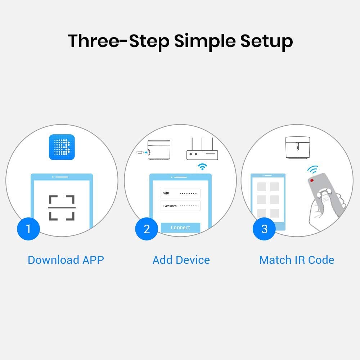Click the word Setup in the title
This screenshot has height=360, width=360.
(x=266, y=41)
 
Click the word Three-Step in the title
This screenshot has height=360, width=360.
(x=119, y=41)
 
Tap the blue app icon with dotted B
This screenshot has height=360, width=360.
(x=62, y=147)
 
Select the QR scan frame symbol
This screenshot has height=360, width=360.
(x=62, y=208)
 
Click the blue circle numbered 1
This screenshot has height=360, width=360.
(x=28, y=229)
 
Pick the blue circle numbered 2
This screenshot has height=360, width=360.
(x=147, y=229)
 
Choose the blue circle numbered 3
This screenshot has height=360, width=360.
(x=264, y=229)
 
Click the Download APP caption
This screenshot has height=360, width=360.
(x=66, y=260)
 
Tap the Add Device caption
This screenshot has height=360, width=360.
(x=181, y=260)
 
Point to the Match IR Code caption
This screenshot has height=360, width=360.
(x=297, y=260)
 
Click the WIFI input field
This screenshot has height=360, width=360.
(x=180, y=194)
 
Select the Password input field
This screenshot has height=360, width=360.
(x=180, y=206)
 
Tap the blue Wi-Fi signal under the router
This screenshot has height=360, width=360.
(x=202, y=167)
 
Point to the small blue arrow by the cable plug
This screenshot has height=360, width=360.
(x=146, y=152)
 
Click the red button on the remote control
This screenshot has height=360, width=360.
(x=312, y=180)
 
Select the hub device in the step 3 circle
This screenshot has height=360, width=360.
(x=298, y=147)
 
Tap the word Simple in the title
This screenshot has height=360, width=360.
(x=205, y=41)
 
